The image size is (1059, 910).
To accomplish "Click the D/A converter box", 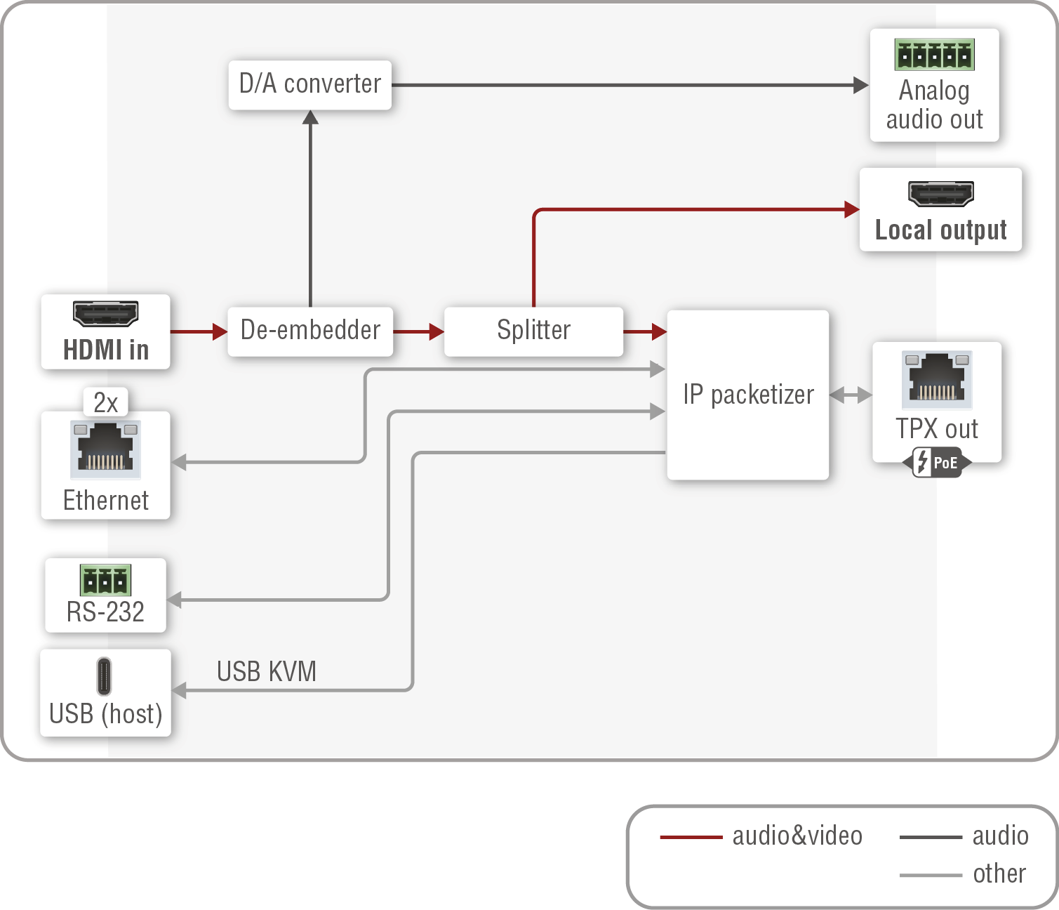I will click(309, 84).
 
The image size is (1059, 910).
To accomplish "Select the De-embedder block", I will click(309, 331).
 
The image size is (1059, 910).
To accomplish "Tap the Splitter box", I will click(533, 331).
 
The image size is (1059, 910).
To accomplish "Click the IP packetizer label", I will click(748, 395).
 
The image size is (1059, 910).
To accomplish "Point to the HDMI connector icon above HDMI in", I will click(105, 314).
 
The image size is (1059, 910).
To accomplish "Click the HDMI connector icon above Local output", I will click(940, 193).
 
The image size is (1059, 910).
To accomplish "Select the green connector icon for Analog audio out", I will click(934, 55).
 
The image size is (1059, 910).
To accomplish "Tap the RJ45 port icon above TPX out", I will click(937, 379).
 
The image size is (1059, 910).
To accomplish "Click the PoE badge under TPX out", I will click(937, 463).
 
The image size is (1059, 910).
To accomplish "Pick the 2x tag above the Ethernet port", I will click(105, 402).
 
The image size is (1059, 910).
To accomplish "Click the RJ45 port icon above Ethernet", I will click(105, 449).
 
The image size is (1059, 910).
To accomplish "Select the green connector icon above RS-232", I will click(105, 580).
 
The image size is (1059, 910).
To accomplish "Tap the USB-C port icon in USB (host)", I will click(104, 675).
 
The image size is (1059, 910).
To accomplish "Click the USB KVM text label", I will click(266, 671).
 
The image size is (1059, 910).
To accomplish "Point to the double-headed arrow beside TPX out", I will click(851, 395).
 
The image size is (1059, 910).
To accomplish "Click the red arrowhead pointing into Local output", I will click(851, 209).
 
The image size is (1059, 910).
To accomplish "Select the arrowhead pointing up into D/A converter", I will click(310, 117).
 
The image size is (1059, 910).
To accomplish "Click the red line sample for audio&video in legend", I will click(691, 837).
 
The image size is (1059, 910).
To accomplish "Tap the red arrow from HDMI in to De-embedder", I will click(199, 331).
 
